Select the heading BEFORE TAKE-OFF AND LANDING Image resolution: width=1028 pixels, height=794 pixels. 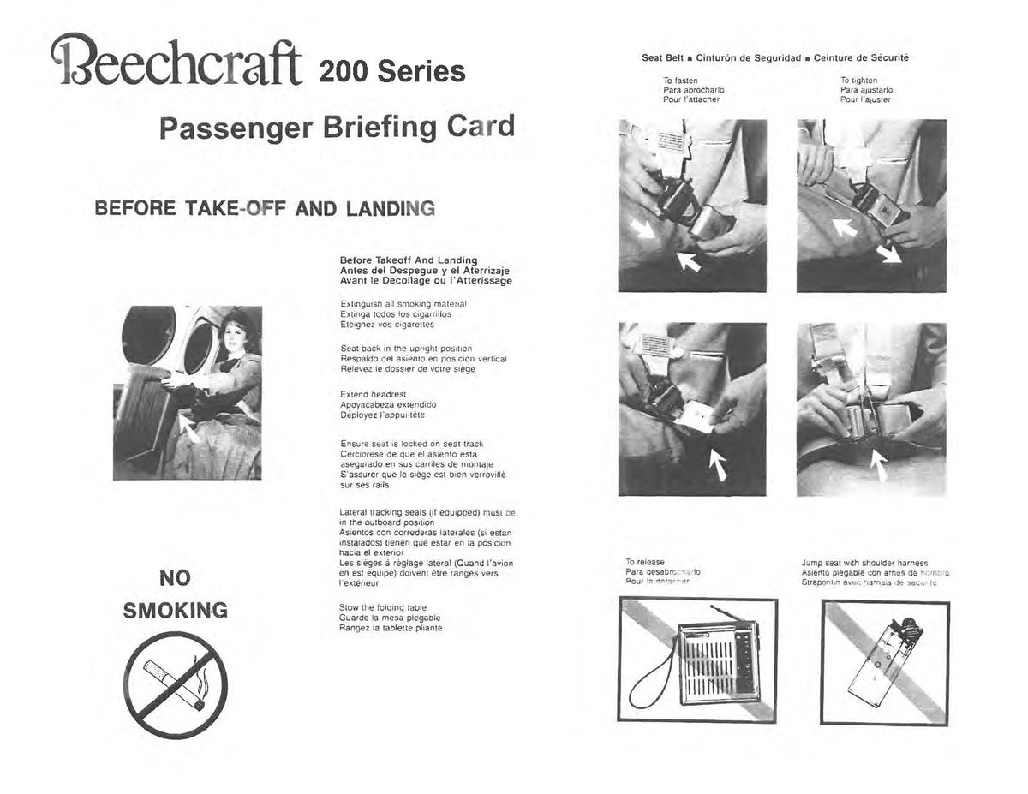265,208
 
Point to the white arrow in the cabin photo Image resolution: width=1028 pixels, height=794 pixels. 190,426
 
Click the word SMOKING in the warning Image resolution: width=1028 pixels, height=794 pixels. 176,611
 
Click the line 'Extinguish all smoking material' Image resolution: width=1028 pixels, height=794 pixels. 403,303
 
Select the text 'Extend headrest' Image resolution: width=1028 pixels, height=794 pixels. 366,394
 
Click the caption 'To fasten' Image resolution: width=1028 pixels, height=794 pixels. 680,81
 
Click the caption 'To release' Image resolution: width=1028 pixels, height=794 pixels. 645,562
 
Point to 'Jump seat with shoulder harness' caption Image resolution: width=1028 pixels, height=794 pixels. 864,563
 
